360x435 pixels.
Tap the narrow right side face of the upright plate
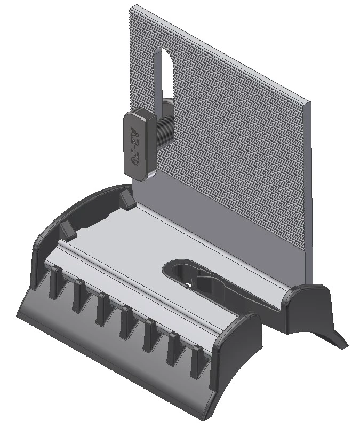point(309,187)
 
